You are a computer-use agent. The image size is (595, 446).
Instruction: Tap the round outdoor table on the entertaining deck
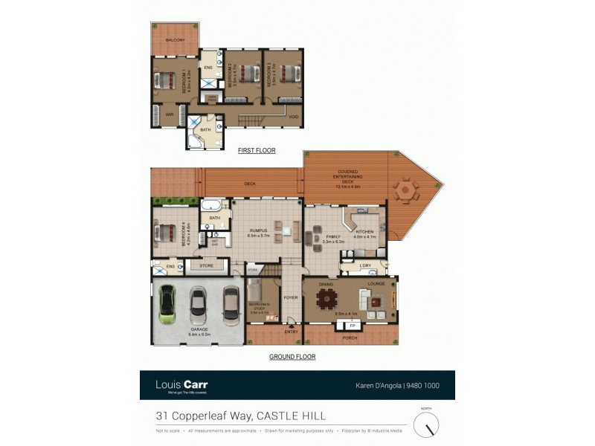(x=405, y=190)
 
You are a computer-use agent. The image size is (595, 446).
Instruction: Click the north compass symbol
(x=426, y=424)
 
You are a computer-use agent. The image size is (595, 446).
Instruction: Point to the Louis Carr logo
(x=181, y=385)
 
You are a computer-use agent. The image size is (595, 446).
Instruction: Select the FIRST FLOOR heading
(x=257, y=150)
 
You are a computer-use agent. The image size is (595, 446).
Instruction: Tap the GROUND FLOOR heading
(x=292, y=357)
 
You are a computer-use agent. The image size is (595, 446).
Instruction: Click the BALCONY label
(x=176, y=39)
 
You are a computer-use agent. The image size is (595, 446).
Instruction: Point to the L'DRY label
(x=366, y=265)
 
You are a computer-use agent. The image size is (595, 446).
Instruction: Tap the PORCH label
(x=350, y=338)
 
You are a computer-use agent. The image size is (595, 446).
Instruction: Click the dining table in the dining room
(x=326, y=300)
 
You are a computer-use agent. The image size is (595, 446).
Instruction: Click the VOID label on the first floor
(x=293, y=117)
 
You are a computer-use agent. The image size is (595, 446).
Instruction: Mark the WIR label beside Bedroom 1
(x=170, y=114)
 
